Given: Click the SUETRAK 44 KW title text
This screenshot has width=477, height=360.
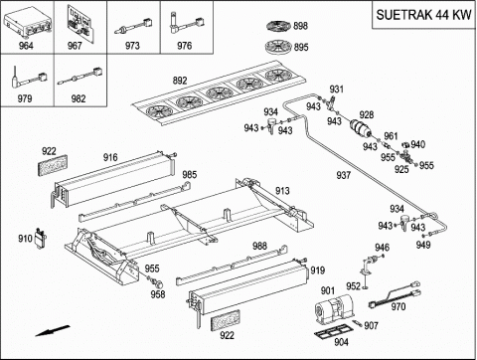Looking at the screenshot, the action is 423,15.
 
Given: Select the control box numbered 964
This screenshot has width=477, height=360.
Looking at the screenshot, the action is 28,23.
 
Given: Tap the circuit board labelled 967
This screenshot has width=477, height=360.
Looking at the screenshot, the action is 80,23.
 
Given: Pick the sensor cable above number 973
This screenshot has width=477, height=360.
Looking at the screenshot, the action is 133,27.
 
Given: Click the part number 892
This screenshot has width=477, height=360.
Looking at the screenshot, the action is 180,81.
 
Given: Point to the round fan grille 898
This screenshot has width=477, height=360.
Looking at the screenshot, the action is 279,26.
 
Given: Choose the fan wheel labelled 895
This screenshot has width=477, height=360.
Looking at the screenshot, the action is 278,47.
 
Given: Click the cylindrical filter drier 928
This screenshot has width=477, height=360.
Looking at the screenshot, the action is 361,128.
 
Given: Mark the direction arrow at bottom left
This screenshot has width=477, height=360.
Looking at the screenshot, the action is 53,331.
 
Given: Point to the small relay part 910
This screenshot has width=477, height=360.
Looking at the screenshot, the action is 41,238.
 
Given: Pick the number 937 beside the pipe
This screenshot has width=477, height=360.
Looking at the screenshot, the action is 343,175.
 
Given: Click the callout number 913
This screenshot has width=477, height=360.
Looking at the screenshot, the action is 282,191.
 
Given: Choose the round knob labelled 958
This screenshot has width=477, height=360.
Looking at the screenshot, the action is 158,282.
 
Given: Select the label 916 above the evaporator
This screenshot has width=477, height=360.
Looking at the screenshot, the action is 110,157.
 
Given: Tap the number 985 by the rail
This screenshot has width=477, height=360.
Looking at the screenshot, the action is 190,174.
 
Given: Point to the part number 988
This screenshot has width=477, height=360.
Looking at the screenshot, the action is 259,246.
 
